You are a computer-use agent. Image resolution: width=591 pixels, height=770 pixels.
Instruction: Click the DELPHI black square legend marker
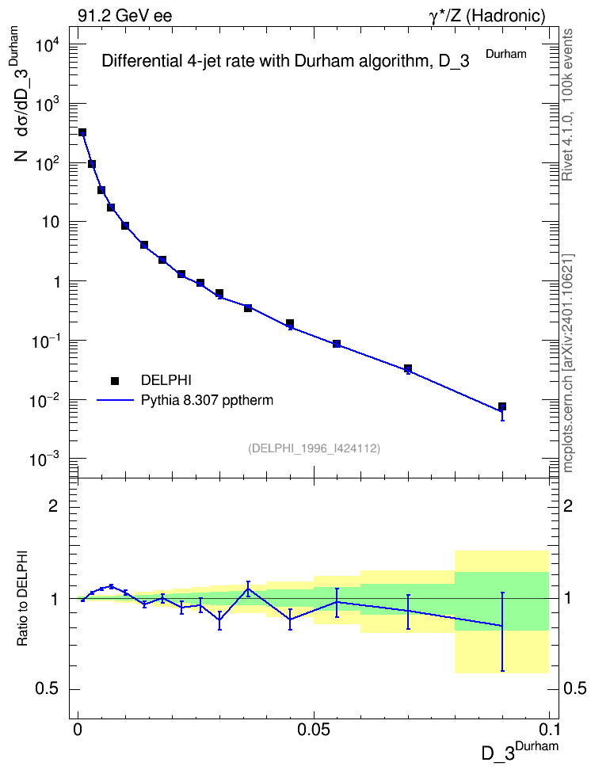coord(115,380)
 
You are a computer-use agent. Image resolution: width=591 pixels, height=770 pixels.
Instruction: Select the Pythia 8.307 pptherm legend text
coord(207,401)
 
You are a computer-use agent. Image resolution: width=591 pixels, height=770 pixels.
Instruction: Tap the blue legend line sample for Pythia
coord(116,401)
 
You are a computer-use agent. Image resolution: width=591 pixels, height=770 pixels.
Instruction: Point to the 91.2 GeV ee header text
coord(125,16)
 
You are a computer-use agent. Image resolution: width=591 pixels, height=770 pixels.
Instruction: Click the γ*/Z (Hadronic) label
coord(486,16)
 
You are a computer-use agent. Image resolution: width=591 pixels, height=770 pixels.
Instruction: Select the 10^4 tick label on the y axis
coord(48,46)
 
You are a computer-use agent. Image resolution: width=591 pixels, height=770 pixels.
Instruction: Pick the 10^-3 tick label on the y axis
coord(46,460)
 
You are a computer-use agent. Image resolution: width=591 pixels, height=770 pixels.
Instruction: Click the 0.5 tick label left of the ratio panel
coord(48,689)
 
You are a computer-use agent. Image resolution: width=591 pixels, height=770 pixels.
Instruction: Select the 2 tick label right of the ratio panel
coord(568,505)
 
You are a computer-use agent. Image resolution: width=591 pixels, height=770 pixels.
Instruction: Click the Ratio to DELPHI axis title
coord(23,597)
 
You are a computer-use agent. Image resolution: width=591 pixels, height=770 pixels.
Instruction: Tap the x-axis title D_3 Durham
coord(519,751)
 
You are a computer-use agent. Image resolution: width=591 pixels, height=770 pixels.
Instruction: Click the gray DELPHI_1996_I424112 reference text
coord(314,448)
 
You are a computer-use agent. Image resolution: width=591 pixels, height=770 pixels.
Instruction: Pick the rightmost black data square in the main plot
coord(502,406)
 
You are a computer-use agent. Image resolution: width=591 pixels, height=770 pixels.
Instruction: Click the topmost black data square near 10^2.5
coord(82,132)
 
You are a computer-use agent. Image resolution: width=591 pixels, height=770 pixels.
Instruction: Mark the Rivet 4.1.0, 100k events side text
coord(567,105)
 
